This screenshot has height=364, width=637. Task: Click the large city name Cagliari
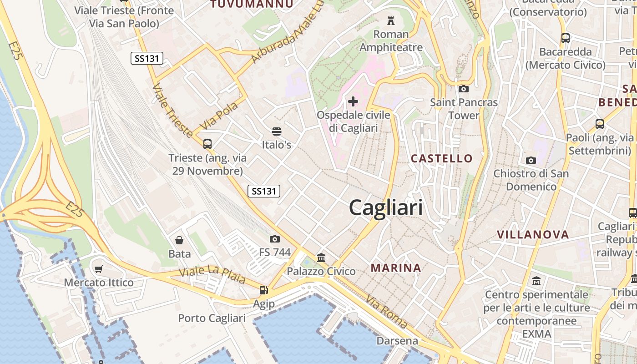coord(386,208)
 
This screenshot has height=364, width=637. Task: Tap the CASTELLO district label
coord(442,158)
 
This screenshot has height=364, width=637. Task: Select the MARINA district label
coord(396,268)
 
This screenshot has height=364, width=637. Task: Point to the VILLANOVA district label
coord(533,235)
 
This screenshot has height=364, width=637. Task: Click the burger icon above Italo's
coord(276,132)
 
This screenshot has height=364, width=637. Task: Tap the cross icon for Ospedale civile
coord(353,101)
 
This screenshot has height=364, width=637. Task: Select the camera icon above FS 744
coord(274,239)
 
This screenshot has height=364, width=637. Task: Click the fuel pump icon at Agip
coord(263,290)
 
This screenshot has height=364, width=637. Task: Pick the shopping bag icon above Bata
coord(179,240)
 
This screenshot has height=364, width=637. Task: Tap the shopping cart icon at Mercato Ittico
coord(99,269)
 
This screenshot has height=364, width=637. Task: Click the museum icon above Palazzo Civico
coord(321,258)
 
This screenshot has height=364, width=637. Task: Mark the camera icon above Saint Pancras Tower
coord(464,89)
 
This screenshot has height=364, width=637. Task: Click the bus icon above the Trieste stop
coord(207,144)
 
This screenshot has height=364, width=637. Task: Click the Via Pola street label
coord(219,115)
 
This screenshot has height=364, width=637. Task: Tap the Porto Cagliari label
coord(212,318)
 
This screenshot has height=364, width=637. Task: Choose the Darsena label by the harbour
coord(397,341)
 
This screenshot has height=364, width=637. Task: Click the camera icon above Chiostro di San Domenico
coord(531,160)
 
